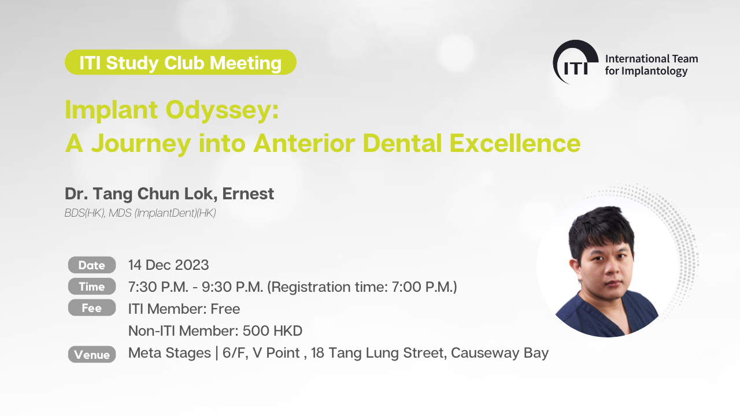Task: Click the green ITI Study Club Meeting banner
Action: tap(180, 62)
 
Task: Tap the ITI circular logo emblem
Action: tap(575, 62)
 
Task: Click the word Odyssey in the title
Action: tap(223, 110)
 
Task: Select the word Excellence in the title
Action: tap(515, 143)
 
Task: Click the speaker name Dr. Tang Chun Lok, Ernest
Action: tap(169, 194)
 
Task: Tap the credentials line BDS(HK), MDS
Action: tap(140, 213)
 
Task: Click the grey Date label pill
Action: tap(92, 265)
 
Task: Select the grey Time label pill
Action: tap(92, 286)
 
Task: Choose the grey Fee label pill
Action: tap(92, 308)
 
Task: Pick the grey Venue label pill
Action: tap(92, 354)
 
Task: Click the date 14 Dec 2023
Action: tap(168, 265)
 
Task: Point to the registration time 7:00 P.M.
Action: tap(423, 287)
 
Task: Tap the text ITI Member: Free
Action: tap(184, 309)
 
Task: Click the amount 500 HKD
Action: tap(272, 330)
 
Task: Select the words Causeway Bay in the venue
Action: tap(499, 353)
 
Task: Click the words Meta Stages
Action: tap(169, 353)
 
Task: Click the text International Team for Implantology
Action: tap(652, 65)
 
